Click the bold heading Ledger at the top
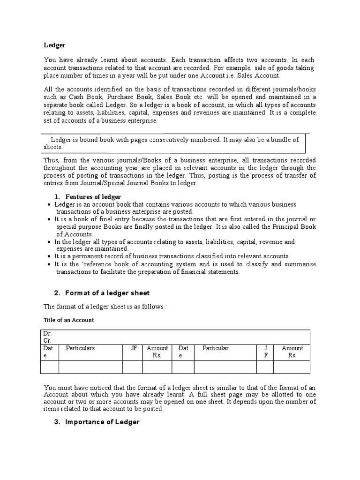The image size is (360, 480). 54,45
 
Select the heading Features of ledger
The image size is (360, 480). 93,196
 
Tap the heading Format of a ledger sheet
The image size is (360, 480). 107,293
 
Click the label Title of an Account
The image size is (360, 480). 69,320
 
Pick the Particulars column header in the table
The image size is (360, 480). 80,348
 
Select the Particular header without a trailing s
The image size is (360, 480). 216,348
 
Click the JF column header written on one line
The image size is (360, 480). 134,348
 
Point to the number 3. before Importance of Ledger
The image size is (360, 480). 57,422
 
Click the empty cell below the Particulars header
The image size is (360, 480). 90,367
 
